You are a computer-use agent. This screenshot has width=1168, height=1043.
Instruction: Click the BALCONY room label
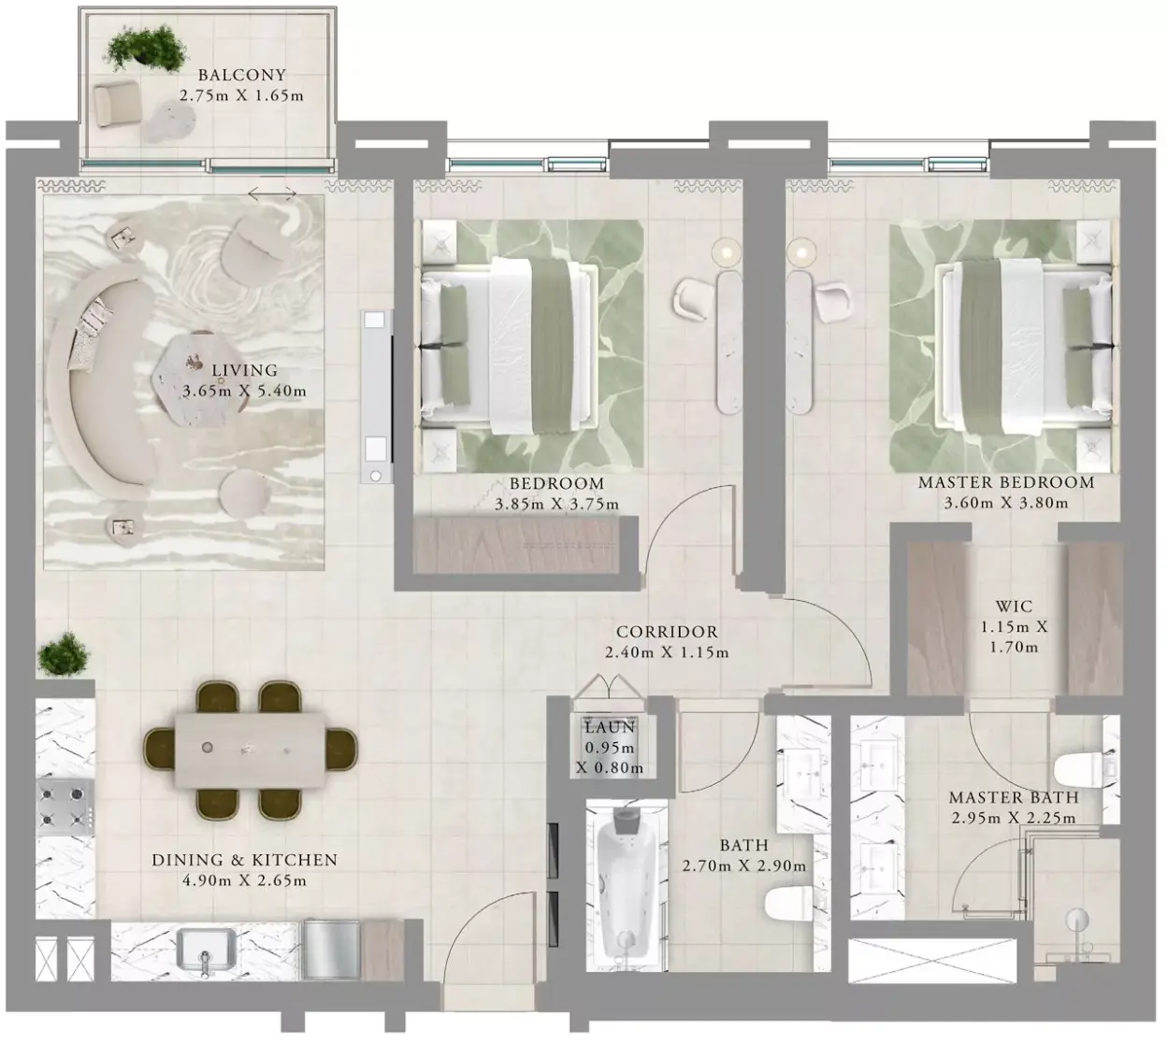(x=241, y=75)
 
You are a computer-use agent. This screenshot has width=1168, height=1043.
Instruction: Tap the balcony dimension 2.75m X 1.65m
(x=241, y=95)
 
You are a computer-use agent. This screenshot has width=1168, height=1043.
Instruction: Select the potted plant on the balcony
(x=145, y=49)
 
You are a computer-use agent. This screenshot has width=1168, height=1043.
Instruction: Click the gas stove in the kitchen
(x=65, y=807)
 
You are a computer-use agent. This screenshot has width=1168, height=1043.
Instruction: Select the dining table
(x=251, y=750)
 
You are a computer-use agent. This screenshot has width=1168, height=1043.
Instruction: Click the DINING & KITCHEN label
(x=244, y=860)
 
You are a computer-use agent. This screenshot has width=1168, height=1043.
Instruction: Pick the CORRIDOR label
(x=667, y=632)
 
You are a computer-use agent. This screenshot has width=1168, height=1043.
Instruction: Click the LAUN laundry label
(x=610, y=727)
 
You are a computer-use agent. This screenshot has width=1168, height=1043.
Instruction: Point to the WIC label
(x=1014, y=607)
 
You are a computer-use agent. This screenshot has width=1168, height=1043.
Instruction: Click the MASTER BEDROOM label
(x=1006, y=482)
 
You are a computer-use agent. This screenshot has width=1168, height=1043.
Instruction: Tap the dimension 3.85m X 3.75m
(x=557, y=505)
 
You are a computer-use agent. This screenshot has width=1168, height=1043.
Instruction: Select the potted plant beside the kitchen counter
(x=64, y=654)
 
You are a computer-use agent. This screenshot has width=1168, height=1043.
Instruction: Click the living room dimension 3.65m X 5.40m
(x=244, y=392)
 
